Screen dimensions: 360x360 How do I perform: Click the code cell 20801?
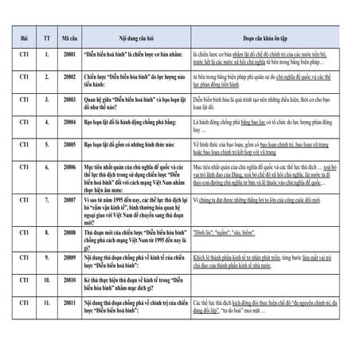[x=69, y=57]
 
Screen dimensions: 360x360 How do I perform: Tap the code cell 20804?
[x=69, y=123]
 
